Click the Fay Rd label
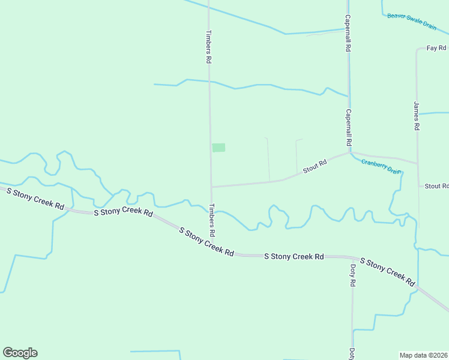[436, 47]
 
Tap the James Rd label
[416, 116]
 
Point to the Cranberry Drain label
[381, 166]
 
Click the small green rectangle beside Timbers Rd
[218, 147]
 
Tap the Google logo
[20, 353]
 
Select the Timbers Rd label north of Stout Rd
[209, 47]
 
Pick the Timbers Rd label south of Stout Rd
[212, 220]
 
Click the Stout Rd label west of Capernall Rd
[315, 166]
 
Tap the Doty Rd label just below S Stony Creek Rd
[353, 275]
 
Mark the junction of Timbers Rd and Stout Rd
[211, 187]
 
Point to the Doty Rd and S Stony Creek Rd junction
[352, 258]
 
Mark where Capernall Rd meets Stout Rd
[350, 152]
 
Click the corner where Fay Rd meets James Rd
[417, 49]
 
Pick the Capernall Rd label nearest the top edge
[348, 34]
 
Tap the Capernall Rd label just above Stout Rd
[348, 128]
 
